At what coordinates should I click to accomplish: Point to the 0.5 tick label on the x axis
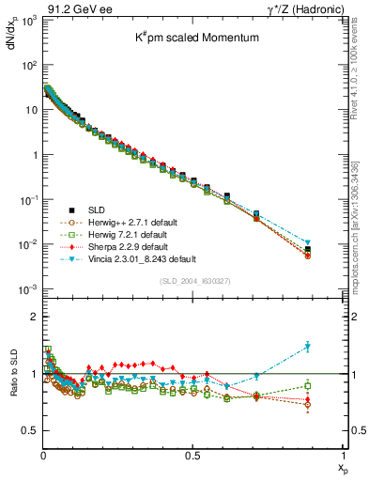click(193, 456)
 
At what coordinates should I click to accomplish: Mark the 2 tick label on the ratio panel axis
click(34, 318)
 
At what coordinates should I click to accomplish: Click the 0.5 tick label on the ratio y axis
click(29, 430)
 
